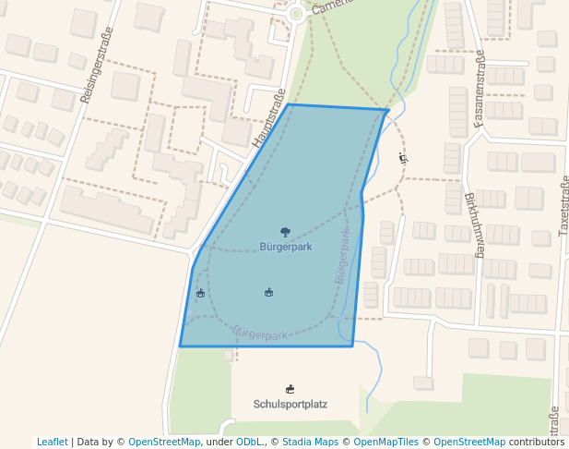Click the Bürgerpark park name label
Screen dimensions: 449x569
(x=286, y=247)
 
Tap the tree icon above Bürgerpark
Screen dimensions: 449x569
(x=285, y=232)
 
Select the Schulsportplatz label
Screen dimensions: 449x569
(x=290, y=404)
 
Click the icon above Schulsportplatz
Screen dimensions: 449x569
(x=290, y=389)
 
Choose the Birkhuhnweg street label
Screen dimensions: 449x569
(x=473, y=224)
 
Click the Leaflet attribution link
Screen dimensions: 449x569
(x=53, y=442)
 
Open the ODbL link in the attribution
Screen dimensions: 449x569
(x=249, y=442)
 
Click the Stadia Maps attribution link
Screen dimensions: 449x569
(x=310, y=442)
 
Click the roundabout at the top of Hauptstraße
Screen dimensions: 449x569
(x=296, y=14)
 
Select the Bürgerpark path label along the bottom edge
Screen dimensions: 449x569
(x=261, y=333)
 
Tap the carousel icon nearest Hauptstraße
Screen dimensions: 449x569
(x=200, y=294)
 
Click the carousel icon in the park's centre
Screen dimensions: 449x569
(x=268, y=293)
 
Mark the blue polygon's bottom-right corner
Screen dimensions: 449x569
(x=352, y=346)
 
